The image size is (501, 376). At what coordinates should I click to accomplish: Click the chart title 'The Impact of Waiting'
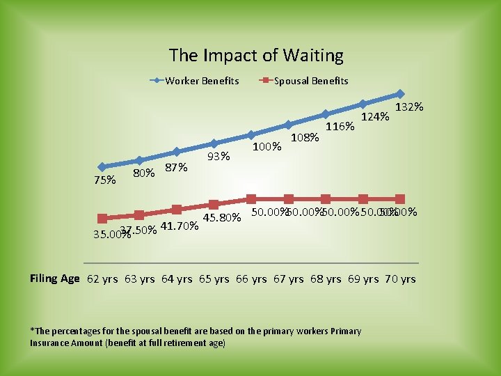tap(256, 56)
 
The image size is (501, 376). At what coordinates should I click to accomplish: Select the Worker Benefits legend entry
tap(201, 81)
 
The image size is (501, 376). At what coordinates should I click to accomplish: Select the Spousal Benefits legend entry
tap(310, 81)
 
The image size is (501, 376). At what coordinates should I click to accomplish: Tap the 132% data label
tap(410, 107)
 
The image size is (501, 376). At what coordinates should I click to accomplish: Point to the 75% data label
tap(104, 180)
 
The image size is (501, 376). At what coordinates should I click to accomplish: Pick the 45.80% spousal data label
tap(222, 218)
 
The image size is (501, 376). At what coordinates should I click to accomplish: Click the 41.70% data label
tap(180, 225)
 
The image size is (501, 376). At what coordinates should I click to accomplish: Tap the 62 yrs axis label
tap(102, 279)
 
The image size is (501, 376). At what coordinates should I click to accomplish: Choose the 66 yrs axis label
tap(251, 279)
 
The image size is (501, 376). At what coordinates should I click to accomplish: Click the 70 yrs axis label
tap(400, 279)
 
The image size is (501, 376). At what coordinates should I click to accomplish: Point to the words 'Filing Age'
tap(55, 279)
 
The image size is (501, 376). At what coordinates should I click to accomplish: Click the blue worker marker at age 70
tap(400, 93)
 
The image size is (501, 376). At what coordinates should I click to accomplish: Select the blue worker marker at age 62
tap(102, 167)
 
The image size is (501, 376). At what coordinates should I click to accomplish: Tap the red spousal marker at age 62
tap(102, 219)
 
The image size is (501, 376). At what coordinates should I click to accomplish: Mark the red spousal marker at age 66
tap(251, 199)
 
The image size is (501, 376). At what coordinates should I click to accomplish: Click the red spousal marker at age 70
tap(400, 199)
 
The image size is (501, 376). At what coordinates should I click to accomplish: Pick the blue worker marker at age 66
tap(251, 134)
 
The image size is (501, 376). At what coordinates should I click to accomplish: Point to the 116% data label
tap(341, 127)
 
